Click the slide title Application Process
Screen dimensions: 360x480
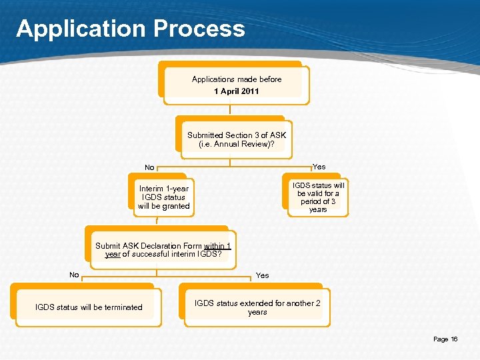131,29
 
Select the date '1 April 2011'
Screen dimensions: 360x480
237,91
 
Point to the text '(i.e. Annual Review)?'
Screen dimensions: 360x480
237,144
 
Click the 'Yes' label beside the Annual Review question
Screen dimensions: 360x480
319,167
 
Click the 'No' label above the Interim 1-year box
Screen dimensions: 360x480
149,168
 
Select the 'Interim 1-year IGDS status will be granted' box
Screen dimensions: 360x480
163,197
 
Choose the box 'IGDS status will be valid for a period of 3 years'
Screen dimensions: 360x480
318,197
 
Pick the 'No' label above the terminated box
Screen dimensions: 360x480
74,275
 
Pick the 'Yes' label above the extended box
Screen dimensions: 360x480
263,275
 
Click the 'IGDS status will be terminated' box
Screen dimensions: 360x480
89,307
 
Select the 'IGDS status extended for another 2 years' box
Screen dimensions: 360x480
257,307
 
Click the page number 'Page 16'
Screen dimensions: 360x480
445,339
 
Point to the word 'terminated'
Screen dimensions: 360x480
120,307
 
